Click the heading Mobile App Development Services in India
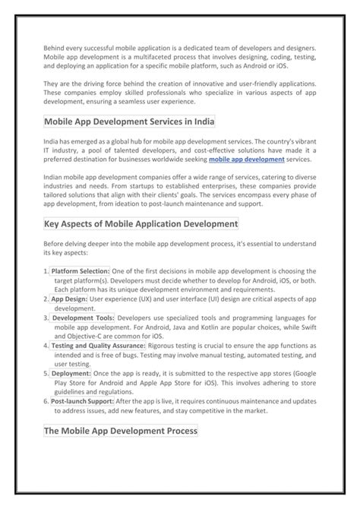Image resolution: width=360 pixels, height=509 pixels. pos(129,122)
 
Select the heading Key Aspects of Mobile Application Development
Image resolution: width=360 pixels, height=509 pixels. pos(141,224)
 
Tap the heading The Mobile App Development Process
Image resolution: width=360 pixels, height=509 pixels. pos(121,430)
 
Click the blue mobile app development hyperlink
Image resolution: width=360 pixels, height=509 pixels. pos(247,160)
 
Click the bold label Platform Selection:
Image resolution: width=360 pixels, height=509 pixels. pos(81,270)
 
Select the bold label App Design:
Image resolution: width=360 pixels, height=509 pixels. pos(69,299)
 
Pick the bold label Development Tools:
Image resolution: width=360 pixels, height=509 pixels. pos(83,318)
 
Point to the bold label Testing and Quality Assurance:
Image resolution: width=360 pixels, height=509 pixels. pos(98,346)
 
